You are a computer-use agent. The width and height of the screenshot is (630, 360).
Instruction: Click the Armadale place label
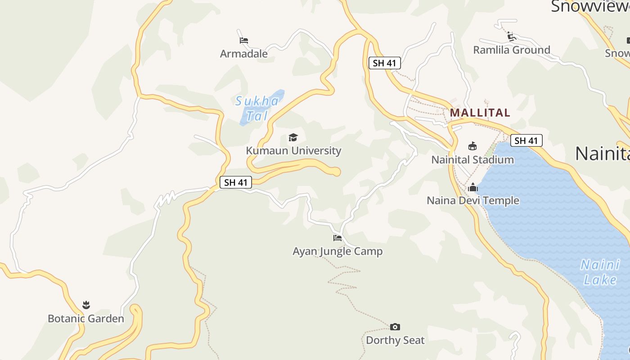coord(243,54)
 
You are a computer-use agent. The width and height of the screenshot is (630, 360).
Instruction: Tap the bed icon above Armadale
coord(244,40)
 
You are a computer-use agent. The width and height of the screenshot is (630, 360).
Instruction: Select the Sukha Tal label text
coord(257,108)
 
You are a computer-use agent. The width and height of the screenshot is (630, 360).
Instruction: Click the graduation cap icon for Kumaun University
coord(293,137)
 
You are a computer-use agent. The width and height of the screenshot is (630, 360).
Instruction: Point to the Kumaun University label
coord(293,151)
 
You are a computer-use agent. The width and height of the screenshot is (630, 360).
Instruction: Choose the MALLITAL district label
coord(480,112)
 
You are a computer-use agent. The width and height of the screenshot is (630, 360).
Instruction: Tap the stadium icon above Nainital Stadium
coord(472,146)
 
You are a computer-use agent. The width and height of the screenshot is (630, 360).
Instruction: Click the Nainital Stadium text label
coord(472,160)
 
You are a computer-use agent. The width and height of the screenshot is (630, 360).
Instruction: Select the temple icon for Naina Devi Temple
coord(473,187)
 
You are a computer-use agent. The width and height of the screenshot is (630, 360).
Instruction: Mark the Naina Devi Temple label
coord(473,201)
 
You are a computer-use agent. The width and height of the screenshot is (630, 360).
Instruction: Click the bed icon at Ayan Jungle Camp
coord(337,238)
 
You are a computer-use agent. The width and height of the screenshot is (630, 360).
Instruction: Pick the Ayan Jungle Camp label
coord(337,251)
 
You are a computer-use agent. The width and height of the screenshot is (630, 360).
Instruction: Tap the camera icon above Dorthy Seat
coord(395,327)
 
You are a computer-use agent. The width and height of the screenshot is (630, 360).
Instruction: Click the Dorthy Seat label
coord(395,340)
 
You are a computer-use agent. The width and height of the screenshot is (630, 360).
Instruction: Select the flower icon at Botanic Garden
coord(86,305)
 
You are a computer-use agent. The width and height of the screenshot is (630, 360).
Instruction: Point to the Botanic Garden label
coord(86,319)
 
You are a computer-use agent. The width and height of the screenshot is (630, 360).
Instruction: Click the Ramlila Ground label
coord(512,50)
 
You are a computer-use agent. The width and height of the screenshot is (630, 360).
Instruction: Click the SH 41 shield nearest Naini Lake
coord(526,140)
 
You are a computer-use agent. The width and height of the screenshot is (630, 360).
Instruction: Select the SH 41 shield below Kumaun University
coord(236,182)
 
